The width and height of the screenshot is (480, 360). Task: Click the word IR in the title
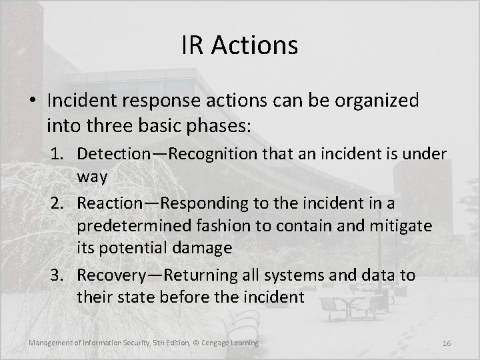tap(192, 45)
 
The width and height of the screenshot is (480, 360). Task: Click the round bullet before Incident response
tap(33, 102)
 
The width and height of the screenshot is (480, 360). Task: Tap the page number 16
tap(447, 343)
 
